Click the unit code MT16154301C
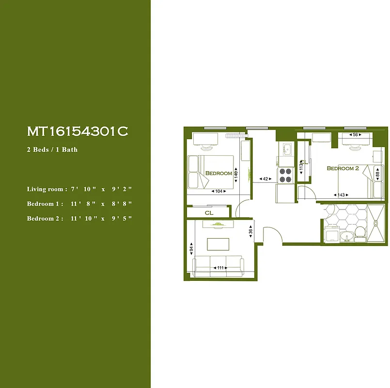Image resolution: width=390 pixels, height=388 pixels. click(78, 131)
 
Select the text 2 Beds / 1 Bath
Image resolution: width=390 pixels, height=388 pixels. click(52, 149)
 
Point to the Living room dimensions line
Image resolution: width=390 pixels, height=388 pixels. click(79, 189)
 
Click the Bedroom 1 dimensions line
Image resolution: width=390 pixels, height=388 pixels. click(79, 204)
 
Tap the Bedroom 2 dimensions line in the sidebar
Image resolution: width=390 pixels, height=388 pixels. click(79, 218)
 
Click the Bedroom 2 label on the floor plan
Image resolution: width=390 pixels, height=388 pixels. click(343, 168)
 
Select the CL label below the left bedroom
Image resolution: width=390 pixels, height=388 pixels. click(209, 212)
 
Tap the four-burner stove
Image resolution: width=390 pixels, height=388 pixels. click(286, 175)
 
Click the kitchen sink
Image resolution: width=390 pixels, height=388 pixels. click(286, 148)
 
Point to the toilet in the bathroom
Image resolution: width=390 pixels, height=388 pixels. click(359, 235)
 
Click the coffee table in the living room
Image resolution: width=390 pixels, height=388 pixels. click(218, 243)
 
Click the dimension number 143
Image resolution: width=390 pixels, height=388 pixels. click(342, 195)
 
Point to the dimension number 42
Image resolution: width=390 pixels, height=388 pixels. click(265, 179)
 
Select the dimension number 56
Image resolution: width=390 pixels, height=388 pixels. click(356, 135)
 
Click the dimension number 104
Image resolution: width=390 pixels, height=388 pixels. click(219, 192)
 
